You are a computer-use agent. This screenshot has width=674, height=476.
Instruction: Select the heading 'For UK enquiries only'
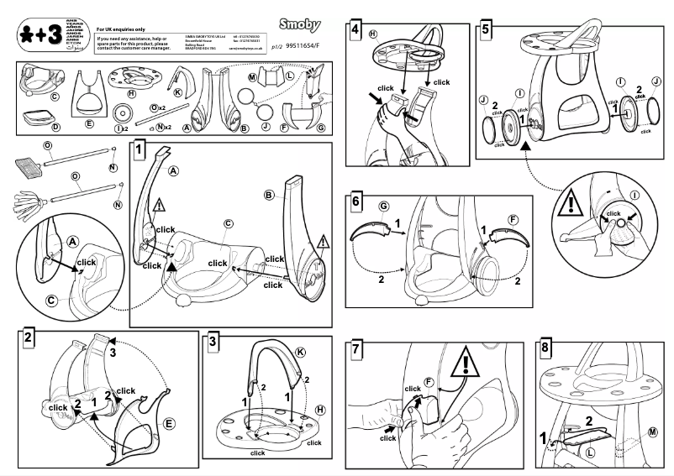pos(123,29)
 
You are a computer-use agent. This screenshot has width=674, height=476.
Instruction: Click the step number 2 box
pos(29,338)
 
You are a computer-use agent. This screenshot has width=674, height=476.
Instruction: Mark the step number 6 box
pos(355,204)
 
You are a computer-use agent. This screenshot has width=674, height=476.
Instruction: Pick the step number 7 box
pos(355,348)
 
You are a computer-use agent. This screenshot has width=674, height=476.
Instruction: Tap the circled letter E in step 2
pos(169,425)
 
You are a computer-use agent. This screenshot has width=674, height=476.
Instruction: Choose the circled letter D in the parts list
pos(55,128)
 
